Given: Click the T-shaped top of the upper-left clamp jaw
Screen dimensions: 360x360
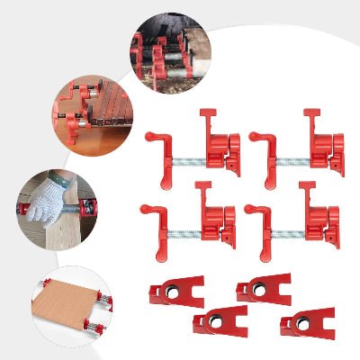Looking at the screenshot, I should click(x=206, y=113).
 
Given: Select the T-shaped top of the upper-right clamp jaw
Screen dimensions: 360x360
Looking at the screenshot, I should click(x=312, y=113).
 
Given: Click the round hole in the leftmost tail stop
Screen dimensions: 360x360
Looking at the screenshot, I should click(x=166, y=291).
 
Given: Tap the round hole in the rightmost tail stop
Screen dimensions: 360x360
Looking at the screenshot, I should click(x=298, y=323).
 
